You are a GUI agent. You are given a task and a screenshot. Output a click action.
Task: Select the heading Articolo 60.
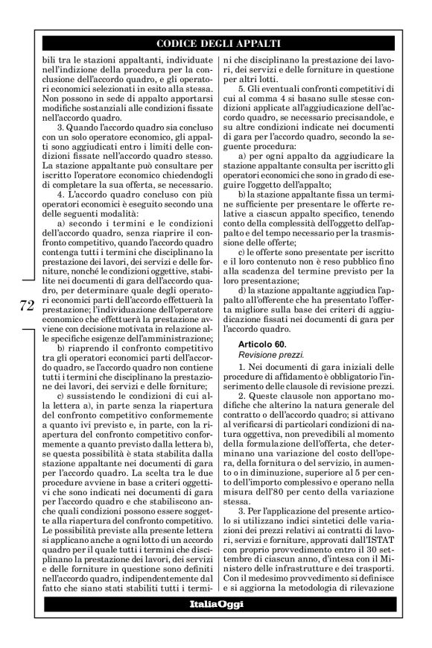coord(260,343)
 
